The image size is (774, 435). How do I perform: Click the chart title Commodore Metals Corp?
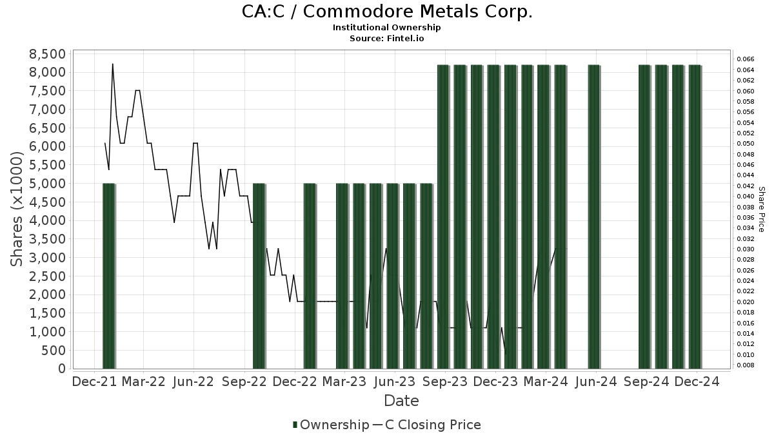click(387, 12)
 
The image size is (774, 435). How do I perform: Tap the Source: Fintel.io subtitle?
click(387, 38)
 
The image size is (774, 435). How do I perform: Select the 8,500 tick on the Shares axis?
click(48, 53)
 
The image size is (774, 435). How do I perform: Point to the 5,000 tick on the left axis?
click(48, 184)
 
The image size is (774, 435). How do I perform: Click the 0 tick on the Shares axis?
click(62, 369)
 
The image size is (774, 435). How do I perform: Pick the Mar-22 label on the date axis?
click(144, 382)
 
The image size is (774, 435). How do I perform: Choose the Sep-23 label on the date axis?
click(445, 382)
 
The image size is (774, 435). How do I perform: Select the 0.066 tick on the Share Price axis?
click(745, 59)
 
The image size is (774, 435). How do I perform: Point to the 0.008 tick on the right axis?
click(745, 365)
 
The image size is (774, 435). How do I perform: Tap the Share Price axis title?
click(762, 209)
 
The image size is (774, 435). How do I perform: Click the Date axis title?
click(401, 401)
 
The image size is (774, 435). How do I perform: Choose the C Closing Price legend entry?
click(432, 425)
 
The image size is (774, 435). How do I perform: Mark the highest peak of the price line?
click(113, 64)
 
